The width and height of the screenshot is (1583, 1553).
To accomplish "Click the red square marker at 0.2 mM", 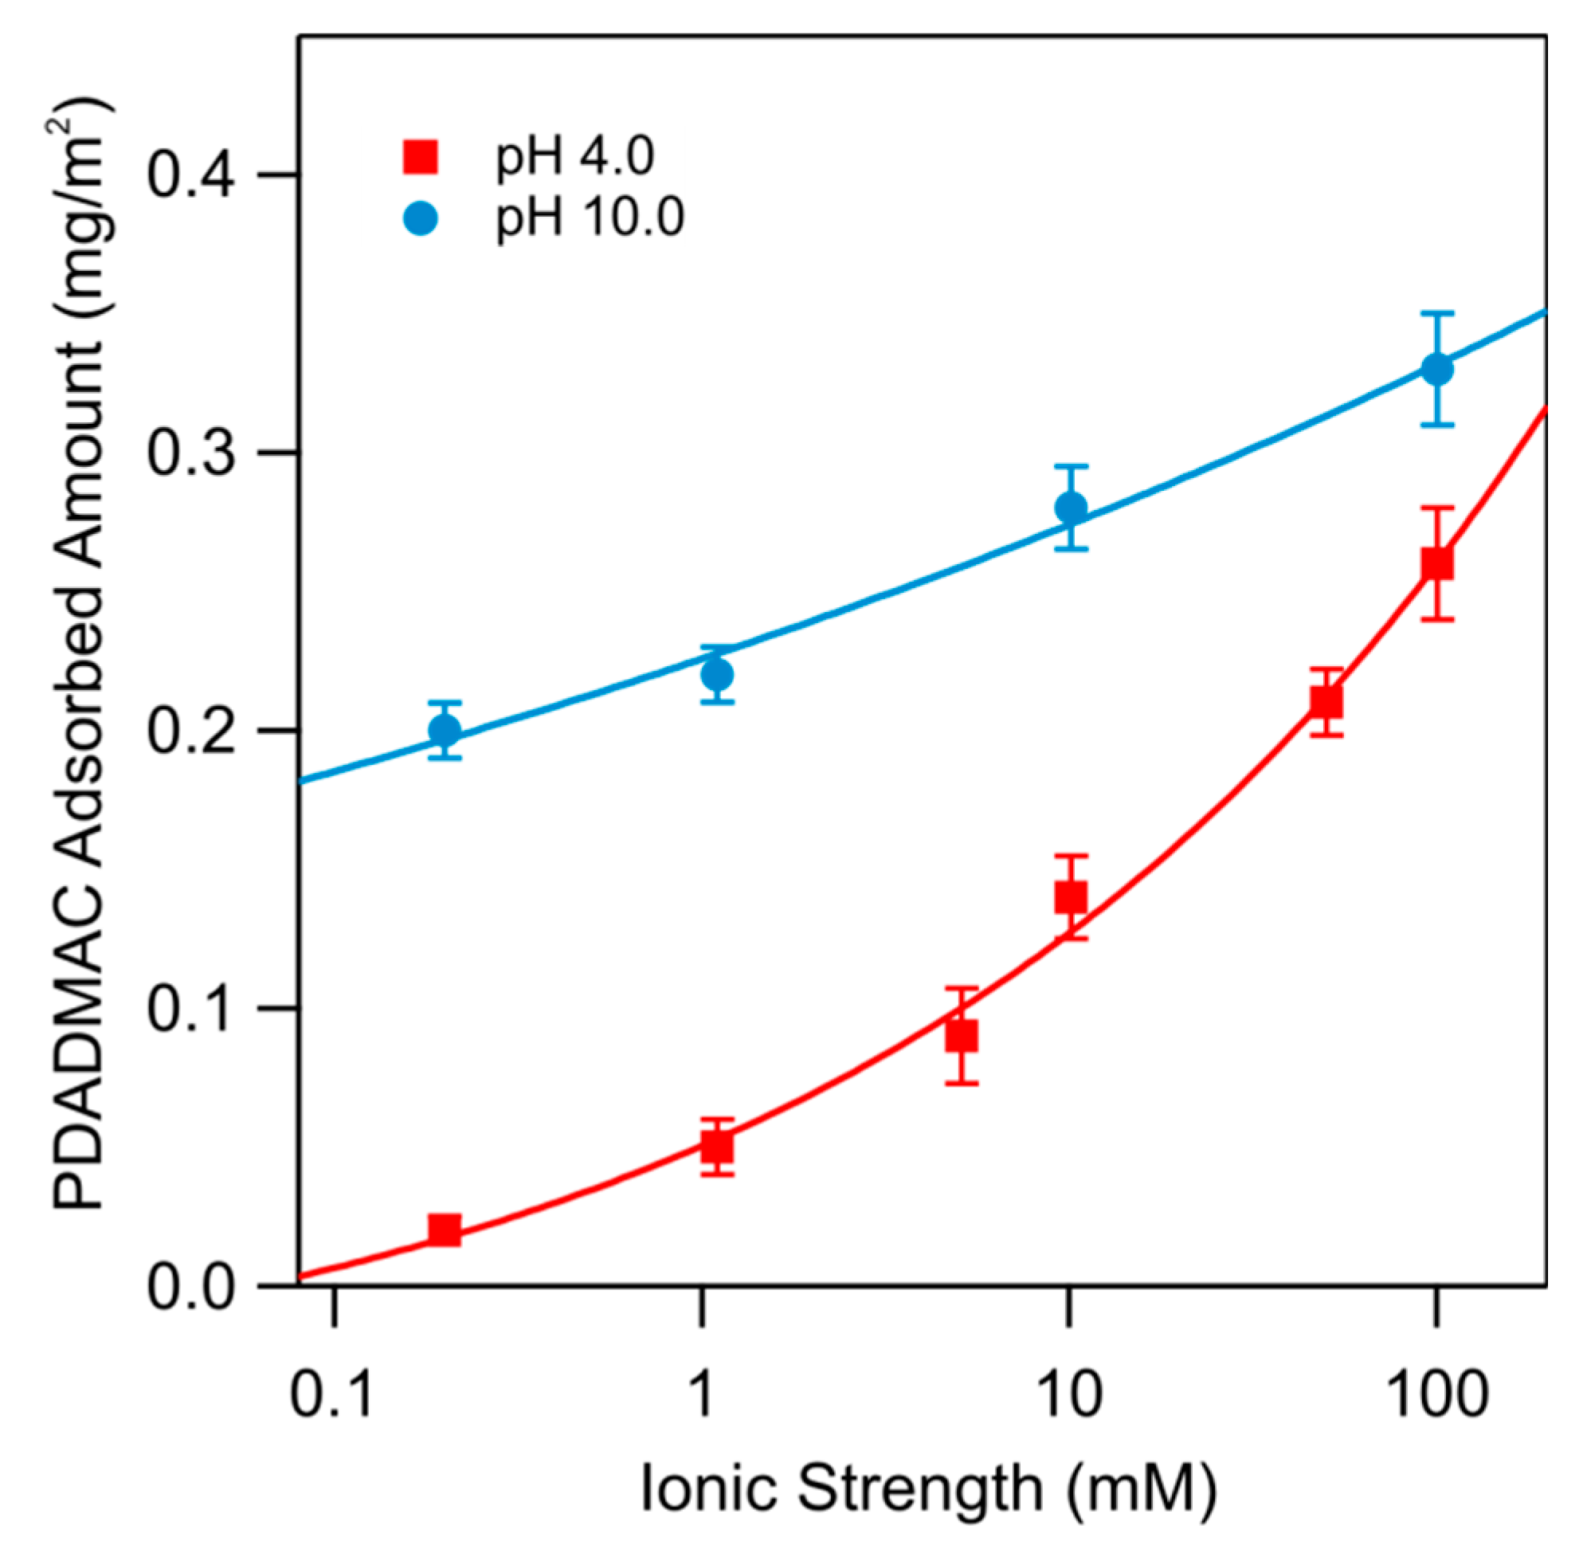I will point(445,1229).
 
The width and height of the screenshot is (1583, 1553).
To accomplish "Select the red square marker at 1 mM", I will point(717,1147).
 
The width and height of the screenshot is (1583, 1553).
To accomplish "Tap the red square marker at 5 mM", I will point(962,1036).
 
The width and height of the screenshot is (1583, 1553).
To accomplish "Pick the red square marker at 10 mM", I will point(1071,897).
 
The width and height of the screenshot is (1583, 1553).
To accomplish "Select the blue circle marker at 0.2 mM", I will point(445,730).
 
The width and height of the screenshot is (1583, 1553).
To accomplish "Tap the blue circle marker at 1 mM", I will point(717,675).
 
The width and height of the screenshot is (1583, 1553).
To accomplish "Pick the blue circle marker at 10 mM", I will point(1071,508).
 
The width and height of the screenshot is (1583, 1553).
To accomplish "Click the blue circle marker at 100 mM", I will point(1437,369).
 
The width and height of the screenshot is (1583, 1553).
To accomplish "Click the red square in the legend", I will point(421,157).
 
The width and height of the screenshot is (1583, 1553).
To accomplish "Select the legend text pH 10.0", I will point(590,218).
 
